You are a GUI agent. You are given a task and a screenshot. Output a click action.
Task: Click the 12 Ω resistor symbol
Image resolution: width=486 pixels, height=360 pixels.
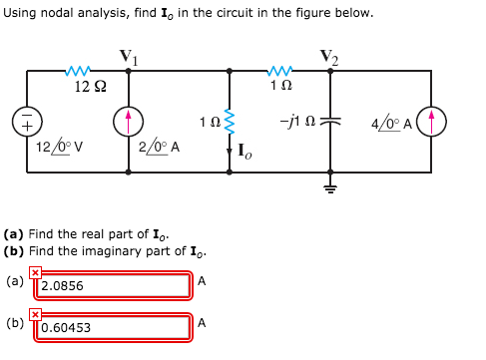point(79,71)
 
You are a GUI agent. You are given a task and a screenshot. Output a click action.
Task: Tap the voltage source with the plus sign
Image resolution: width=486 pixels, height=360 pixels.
point(26,122)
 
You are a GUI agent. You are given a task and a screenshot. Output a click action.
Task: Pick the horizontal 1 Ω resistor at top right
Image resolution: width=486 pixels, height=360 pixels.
point(280,71)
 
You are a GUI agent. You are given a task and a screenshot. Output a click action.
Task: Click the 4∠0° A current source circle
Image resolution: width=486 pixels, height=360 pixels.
point(432,122)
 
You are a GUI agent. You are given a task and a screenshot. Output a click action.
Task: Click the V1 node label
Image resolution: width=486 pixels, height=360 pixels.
point(129,56)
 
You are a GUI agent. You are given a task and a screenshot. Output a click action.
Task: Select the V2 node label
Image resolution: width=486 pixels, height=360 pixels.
point(330,56)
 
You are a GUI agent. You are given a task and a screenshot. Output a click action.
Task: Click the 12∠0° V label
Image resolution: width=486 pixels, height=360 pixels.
point(59,149)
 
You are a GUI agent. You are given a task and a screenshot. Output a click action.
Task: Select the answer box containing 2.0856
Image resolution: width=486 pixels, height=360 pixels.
point(115,285)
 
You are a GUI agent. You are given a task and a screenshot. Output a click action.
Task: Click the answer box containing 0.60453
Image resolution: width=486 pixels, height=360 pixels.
point(115,327)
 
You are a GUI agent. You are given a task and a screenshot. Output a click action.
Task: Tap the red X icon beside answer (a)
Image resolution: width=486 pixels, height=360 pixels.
point(35,272)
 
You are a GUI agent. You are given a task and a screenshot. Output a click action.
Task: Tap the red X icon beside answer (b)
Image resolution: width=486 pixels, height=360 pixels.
point(35,314)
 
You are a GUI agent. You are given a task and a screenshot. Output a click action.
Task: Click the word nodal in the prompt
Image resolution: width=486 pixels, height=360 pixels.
point(63,13)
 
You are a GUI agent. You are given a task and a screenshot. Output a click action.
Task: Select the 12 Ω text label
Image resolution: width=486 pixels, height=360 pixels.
point(91,87)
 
